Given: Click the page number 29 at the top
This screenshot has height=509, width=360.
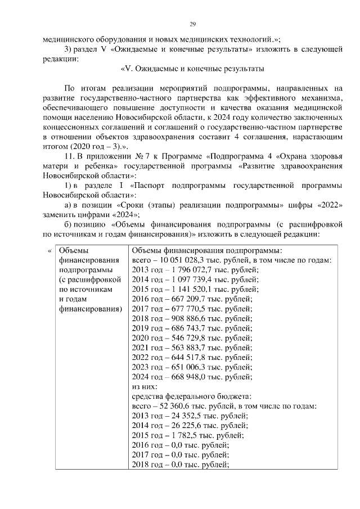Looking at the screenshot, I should [192, 24].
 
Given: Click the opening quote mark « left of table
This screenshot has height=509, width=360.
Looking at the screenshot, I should [49, 251].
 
